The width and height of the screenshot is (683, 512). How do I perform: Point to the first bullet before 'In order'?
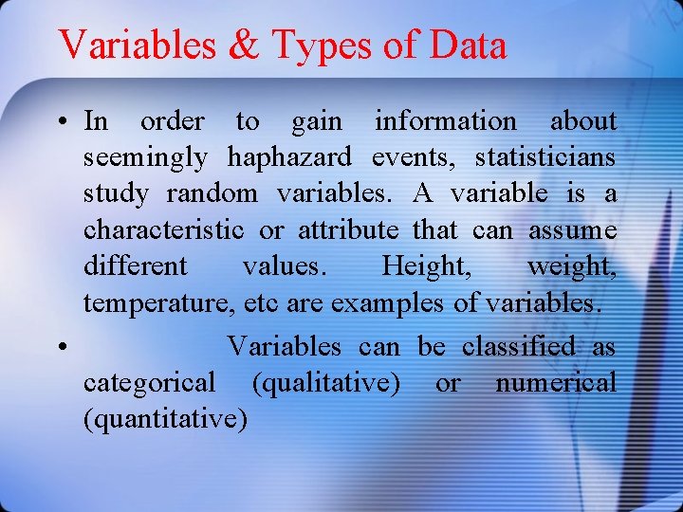click(x=60, y=122)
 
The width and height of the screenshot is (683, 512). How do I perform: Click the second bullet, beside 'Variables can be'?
click(x=60, y=348)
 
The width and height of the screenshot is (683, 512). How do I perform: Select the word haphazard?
click(x=288, y=157)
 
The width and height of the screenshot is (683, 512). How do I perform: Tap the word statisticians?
click(x=545, y=156)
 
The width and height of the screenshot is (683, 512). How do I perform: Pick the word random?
click(x=212, y=193)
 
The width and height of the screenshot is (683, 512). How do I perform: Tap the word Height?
click(x=426, y=266)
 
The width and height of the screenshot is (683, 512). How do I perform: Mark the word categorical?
click(x=149, y=384)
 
